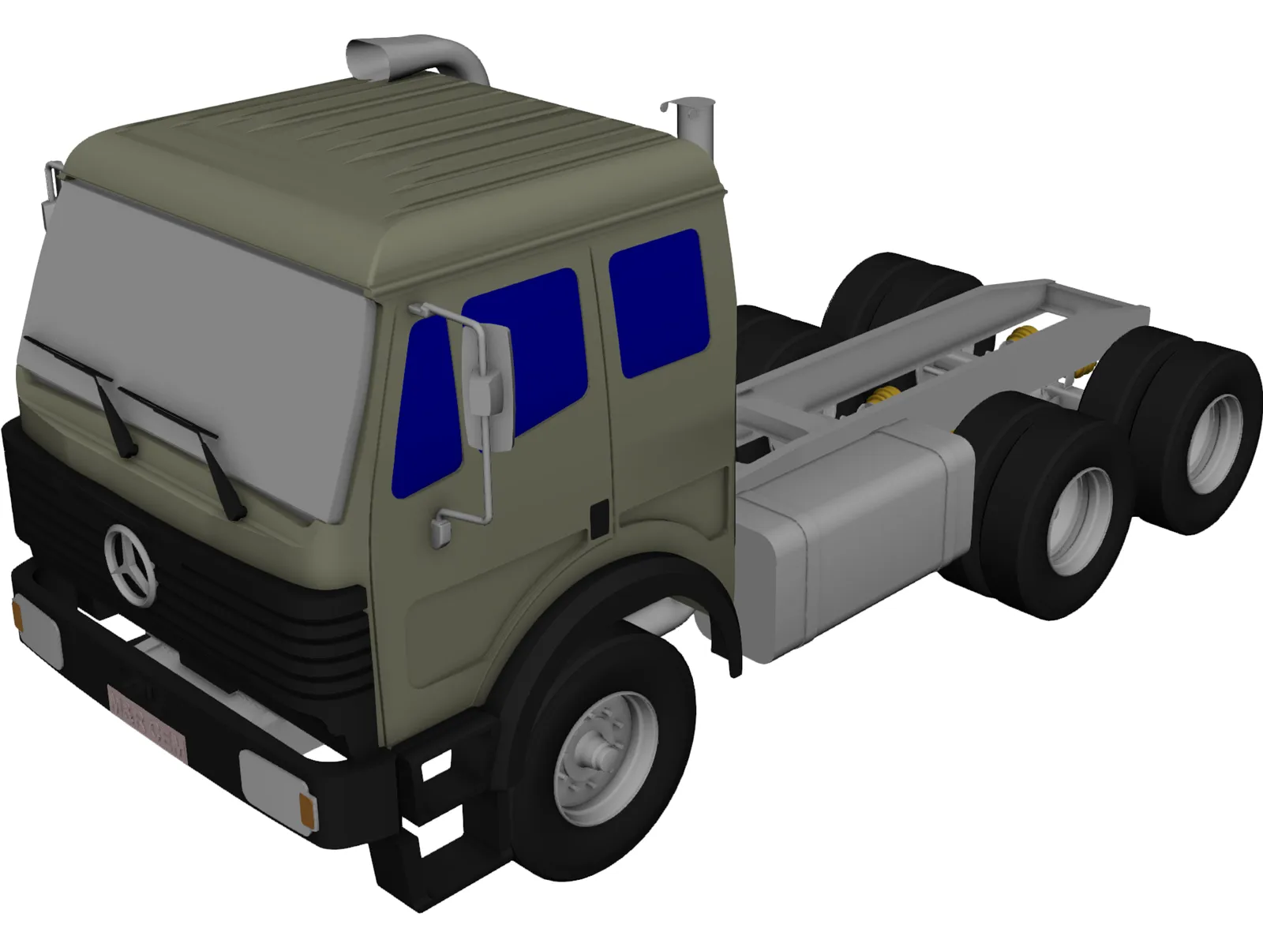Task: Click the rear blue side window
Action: click(658, 301)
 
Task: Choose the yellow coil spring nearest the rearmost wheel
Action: click(1088, 369)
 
